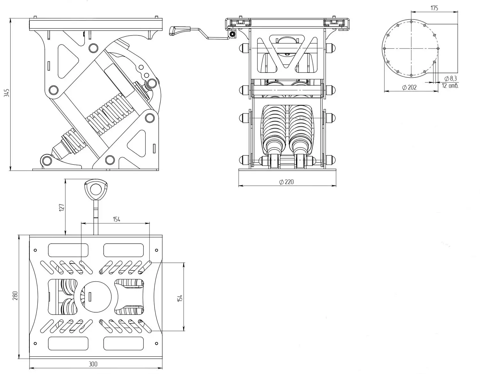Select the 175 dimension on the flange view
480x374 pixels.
[x=434, y=8]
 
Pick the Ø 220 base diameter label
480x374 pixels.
[x=286, y=182]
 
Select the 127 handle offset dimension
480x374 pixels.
[x=62, y=207]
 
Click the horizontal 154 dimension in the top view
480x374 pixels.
[x=116, y=219]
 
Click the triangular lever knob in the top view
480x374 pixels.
[x=95, y=189]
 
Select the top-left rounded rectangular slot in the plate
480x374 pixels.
[x=68, y=250]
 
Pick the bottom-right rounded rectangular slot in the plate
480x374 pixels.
[x=124, y=343]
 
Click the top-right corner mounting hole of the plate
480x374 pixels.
[x=156, y=250]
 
